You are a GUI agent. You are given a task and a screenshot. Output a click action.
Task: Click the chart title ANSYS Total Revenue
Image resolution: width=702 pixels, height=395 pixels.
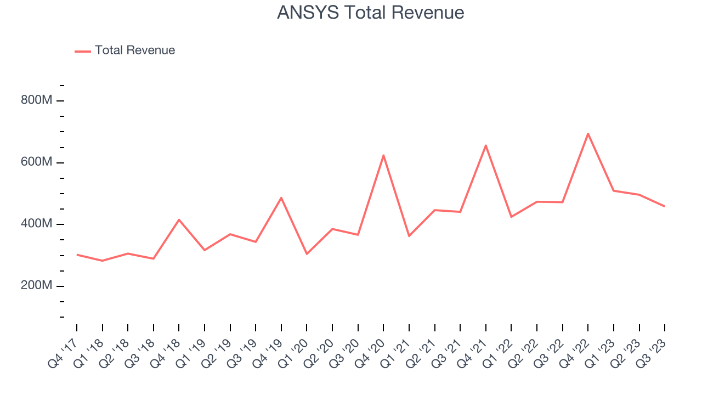370,13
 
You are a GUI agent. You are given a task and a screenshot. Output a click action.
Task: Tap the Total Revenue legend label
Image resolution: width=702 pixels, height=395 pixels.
135,50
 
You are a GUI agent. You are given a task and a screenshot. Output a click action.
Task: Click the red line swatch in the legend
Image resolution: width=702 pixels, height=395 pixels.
83,51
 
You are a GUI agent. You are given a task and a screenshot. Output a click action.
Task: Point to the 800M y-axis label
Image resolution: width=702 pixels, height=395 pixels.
36,101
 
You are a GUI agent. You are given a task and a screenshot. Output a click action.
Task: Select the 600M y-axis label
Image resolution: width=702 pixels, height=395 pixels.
36,163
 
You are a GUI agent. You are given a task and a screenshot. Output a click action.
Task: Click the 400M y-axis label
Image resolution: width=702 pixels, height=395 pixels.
36,224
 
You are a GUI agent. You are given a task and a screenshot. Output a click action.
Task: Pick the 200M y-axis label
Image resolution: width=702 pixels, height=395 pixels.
36,286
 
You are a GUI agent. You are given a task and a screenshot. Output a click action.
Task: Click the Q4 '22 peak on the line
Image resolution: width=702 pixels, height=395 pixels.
588,133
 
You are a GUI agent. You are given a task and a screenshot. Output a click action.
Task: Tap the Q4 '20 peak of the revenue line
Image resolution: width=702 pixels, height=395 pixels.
383,155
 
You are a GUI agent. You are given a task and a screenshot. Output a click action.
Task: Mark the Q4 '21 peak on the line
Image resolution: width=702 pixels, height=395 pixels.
486,145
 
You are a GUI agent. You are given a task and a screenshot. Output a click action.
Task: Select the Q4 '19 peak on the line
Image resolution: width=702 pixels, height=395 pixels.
281,198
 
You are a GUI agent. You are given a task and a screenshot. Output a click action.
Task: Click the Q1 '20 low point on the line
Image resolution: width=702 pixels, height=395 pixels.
307,254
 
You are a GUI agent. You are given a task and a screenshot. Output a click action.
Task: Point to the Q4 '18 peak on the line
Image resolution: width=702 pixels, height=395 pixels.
179,219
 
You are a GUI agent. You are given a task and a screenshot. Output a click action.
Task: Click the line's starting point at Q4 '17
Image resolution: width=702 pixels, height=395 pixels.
77,255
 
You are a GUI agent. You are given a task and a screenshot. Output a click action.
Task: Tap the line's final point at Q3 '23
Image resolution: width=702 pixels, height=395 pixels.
665,206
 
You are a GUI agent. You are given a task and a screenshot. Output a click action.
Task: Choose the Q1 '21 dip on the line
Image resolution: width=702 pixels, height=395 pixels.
409,236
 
